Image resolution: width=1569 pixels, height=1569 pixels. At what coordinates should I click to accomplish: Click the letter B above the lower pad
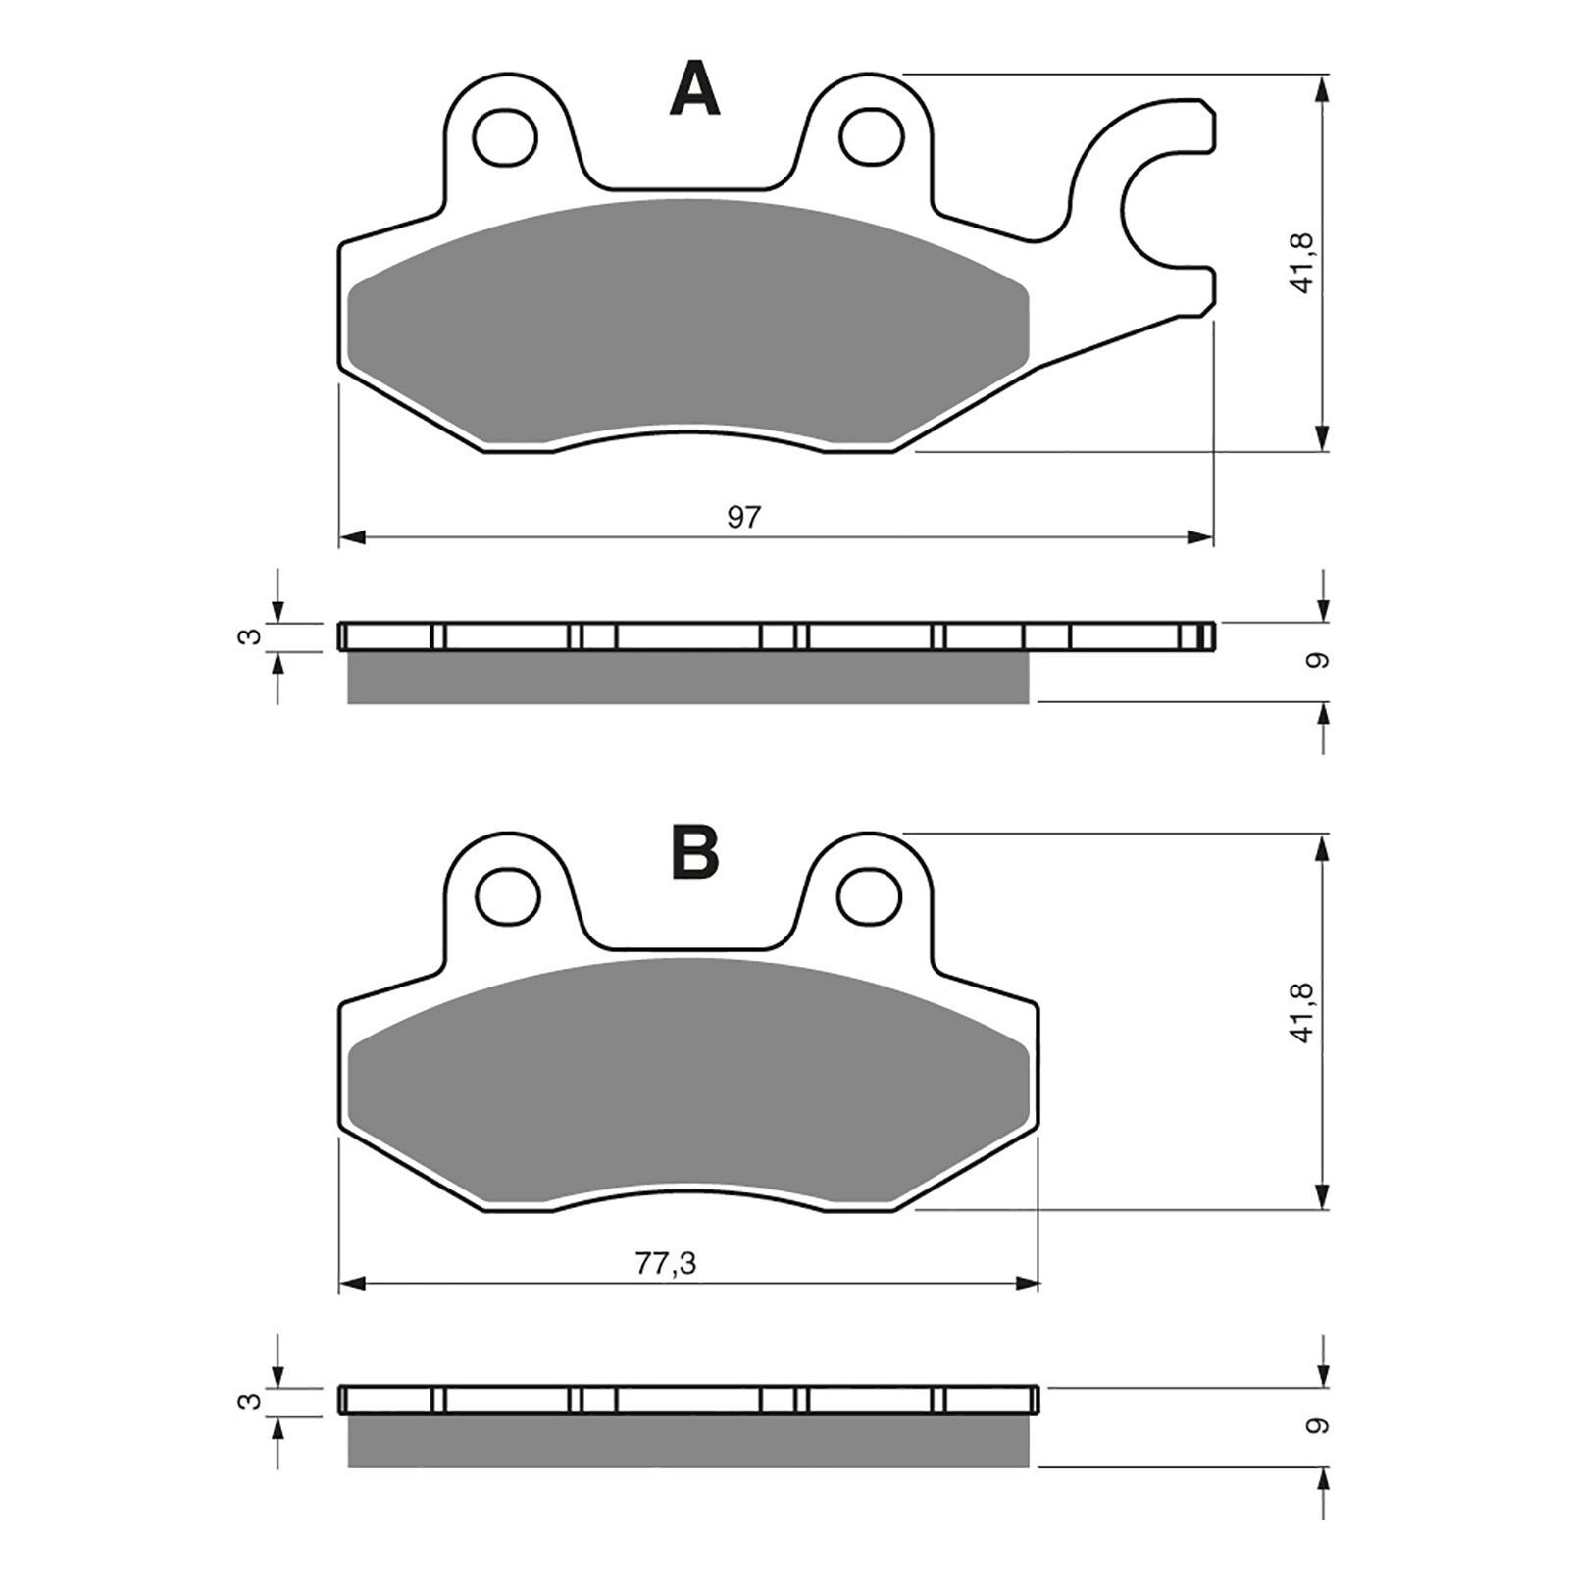695,853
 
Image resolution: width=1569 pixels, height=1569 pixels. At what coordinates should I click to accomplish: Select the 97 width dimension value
743,517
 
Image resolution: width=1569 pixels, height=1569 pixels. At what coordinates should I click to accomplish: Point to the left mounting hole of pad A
506,136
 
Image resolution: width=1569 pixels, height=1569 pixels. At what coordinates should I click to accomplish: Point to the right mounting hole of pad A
871,136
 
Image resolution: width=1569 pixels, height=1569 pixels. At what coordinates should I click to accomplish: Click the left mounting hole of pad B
506,895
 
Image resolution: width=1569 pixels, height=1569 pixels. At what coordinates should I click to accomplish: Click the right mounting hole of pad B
871,895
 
